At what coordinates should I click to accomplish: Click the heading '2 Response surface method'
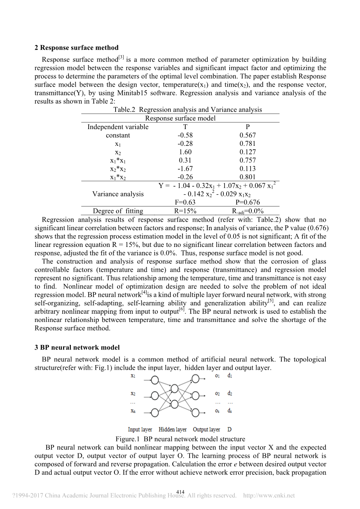click(76, 48)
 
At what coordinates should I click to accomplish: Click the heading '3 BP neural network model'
click(77, 348)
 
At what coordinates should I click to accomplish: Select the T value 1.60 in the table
click(185, 152)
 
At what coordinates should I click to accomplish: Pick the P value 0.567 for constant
click(248, 135)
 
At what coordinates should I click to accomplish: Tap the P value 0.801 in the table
click(248, 177)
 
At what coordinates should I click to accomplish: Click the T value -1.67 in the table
click(185, 169)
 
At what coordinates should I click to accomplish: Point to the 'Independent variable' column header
click(118, 127)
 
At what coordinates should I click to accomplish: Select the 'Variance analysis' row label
click(118, 194)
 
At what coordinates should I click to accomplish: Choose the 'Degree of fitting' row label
click(118, 211)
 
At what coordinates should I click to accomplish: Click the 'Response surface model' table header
click(180, 118)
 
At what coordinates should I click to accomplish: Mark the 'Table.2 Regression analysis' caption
click(188, 110)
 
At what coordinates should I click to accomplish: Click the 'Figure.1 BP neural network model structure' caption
click(180, 439)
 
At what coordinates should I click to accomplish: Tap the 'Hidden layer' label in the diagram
click(172, 430)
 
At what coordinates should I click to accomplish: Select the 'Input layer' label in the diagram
click(140, 430)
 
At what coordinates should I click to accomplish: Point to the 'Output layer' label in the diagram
click(206, 430)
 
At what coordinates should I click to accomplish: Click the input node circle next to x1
click(155, 380)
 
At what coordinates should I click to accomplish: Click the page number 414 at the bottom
click(180, 492)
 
